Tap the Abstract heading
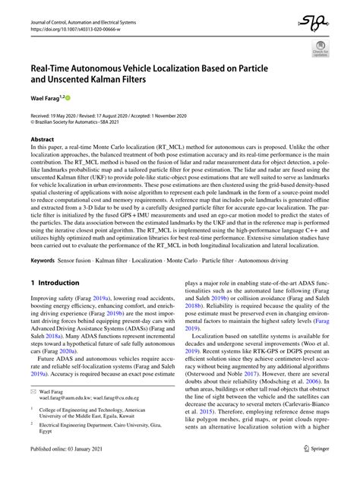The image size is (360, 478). tap(42, 140)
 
